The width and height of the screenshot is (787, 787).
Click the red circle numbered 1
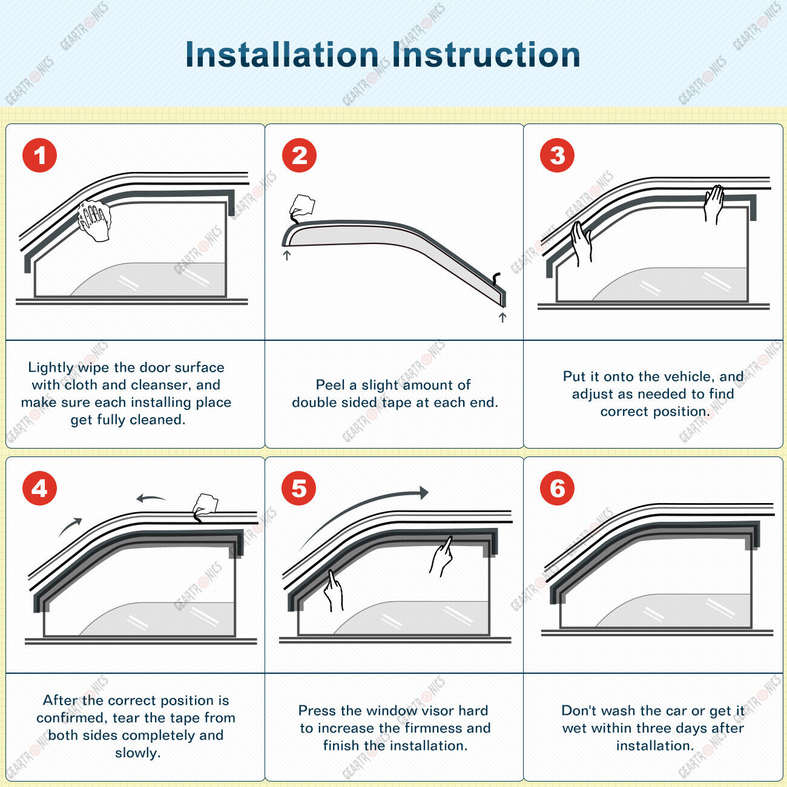[39, 156]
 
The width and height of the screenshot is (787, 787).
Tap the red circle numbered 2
[299, 156]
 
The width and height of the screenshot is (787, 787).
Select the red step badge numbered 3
[557, 156]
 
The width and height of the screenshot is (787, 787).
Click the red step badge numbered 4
[39, 489]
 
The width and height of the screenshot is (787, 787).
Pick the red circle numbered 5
[299, 489]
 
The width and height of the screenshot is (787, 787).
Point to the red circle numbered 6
[557, 489]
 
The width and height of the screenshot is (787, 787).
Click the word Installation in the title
[282, 54]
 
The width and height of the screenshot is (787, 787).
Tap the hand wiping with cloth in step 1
[94, 220]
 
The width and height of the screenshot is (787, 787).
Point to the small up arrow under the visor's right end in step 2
[502, 317]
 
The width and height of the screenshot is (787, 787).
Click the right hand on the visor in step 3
[714, 204]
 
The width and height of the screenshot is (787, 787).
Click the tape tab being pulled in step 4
[205, 505]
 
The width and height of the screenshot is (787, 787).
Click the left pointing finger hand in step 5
[333, 590]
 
